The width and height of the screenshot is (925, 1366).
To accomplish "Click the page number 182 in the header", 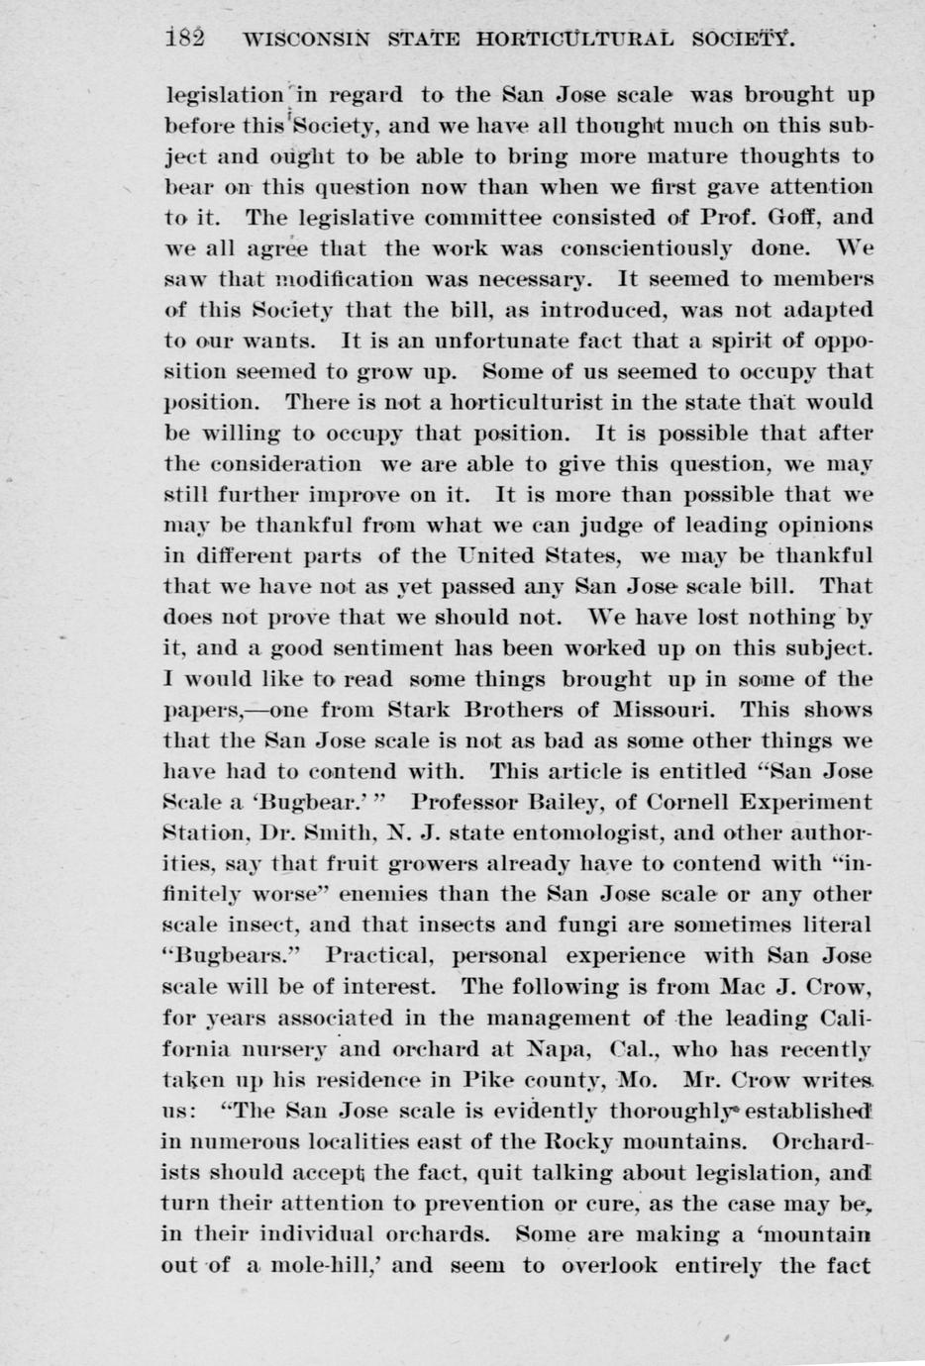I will [186, 40].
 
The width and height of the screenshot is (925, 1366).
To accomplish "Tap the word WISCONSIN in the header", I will [307, 42].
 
